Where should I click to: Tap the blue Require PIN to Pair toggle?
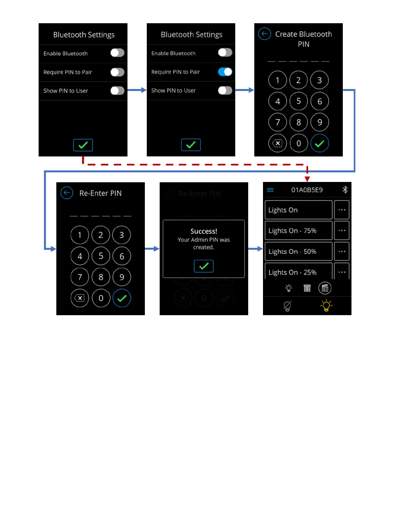(x=225, y=72)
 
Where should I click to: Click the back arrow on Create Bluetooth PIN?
(x=264, y=34)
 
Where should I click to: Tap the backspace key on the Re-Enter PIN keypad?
(x=80, y=298)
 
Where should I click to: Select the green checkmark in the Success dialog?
(x=203, y=266)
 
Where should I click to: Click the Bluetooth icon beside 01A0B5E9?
(x=345, y=190)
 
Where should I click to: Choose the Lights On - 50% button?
(x=298, y=252)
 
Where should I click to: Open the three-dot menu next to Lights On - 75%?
(x=342, y=231)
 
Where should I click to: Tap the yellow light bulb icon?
(x=326, y=306)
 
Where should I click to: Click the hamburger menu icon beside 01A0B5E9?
(x=270, y=190)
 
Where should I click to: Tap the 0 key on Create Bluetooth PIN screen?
(x=298, y=143)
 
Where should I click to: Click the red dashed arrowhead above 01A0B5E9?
(x=307, y=179)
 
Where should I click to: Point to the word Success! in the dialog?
(x=204, y=231)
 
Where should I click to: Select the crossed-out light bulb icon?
(x=287, y=306)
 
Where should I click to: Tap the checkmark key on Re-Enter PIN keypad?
(x=122, y=298)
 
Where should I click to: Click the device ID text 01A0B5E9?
(x=307, y=190)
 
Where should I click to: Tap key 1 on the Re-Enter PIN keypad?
(x=80, y=235)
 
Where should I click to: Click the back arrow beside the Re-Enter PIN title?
(x=67, y=193)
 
